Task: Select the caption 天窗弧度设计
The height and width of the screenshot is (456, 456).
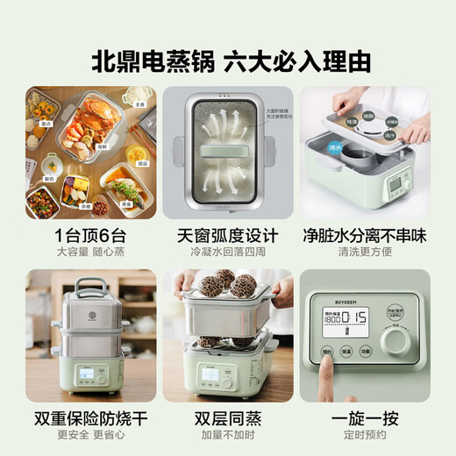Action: point(227,235)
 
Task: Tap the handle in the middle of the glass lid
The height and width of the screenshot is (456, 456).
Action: point(227,151)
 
